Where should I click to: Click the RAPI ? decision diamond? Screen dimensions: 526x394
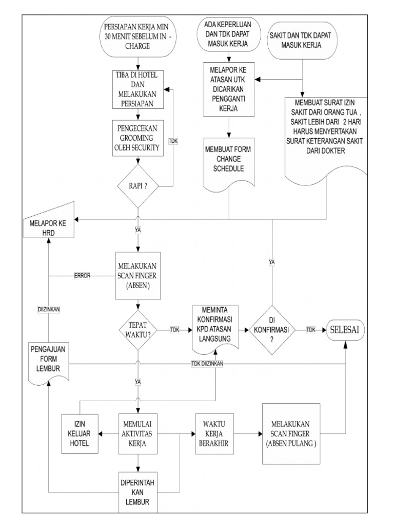137,185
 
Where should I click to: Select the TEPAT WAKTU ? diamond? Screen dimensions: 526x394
137,329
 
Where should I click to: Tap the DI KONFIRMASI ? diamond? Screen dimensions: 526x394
272,329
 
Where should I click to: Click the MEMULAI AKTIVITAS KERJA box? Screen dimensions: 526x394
137,434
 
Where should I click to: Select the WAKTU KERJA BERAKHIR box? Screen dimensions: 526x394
214,434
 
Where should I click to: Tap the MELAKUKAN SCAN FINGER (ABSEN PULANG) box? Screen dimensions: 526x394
291,434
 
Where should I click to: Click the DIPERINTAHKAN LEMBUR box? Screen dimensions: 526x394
137,492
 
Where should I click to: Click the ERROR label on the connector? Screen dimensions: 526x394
82,275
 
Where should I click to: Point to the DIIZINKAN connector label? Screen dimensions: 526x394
48,310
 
